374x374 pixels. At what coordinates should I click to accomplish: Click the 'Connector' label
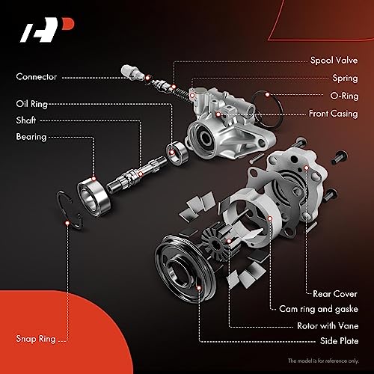click(35, 76)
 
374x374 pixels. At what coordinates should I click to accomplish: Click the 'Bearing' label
click(31, 137)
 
